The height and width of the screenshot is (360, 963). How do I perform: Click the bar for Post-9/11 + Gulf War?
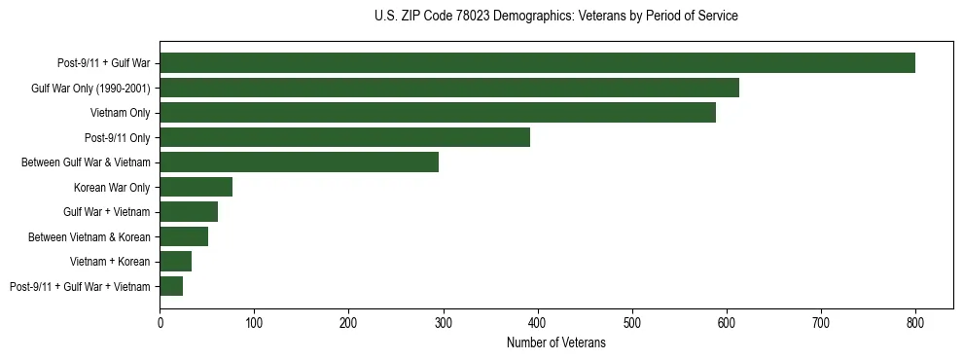[537, 63]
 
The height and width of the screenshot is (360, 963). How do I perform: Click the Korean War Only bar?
[196, 188]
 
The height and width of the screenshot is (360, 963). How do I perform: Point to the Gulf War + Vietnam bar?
[189, 212]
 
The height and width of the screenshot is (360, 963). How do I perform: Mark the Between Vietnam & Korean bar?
[184, 236]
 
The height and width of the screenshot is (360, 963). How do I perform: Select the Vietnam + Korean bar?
[175, 262]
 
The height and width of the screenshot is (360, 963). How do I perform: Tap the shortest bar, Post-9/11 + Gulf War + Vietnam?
[171, 286]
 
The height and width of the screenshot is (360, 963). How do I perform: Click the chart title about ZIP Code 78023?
[555, 17]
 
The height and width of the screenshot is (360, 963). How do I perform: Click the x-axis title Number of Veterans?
[555, 343]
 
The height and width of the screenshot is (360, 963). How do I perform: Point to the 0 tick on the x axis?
[160, 322]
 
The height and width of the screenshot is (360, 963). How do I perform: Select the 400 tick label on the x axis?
[538, 322]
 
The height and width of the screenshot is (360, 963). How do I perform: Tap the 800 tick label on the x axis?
[915, 322]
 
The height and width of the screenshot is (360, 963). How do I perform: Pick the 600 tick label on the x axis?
[727, 322]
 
